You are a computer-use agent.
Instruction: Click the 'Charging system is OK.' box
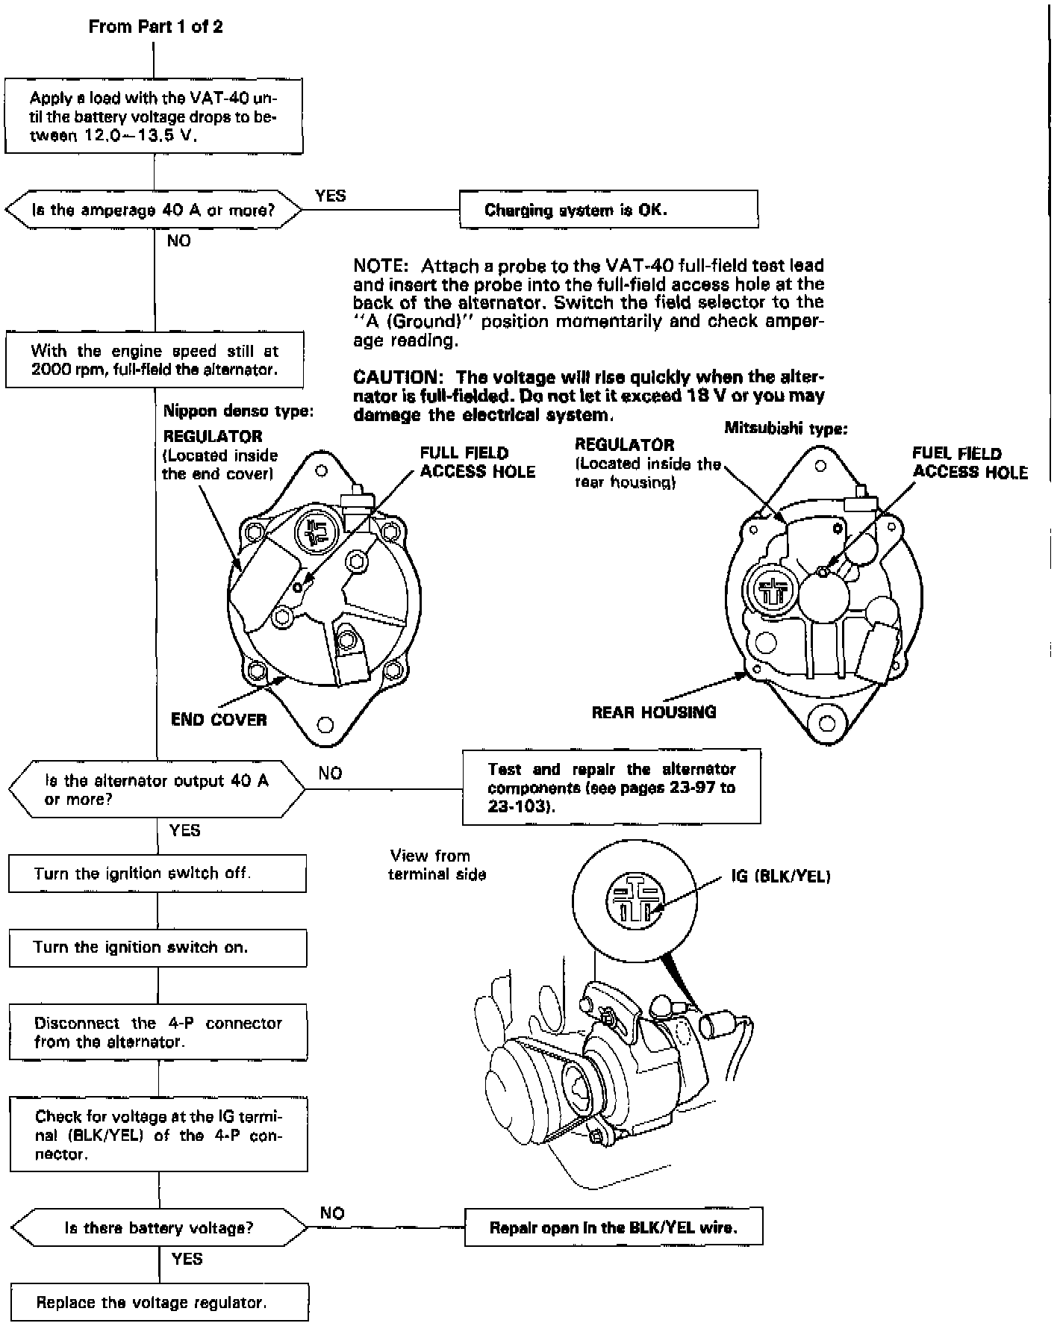pos(608,209)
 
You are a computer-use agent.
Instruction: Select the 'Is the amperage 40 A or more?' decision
pos(154,210)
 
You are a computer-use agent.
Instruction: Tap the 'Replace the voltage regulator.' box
pos(159,1303)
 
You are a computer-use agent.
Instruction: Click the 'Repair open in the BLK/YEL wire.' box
pos(613,1227)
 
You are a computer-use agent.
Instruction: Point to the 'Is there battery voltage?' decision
pos(159,1228)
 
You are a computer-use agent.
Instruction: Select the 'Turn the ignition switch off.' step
pos(157,874)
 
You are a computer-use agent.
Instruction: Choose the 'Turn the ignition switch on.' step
pos(158,947)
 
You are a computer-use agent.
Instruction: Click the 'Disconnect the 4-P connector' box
pos(158,1032)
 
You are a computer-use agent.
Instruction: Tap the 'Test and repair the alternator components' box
pos(611,788)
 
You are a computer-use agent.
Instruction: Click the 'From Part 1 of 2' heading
pos(155,27)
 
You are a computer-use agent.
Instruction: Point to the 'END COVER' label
pos(219,720)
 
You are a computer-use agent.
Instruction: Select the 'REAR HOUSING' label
pos(654,712)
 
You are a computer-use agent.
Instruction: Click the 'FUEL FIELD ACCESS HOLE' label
pos(970,463)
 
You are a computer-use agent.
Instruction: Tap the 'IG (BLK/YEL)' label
pos(781,877)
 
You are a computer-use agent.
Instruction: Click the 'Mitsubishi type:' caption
pos(785,429)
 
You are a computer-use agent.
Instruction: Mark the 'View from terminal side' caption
pos(437,865)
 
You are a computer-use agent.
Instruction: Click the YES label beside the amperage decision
pos(331,196)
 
